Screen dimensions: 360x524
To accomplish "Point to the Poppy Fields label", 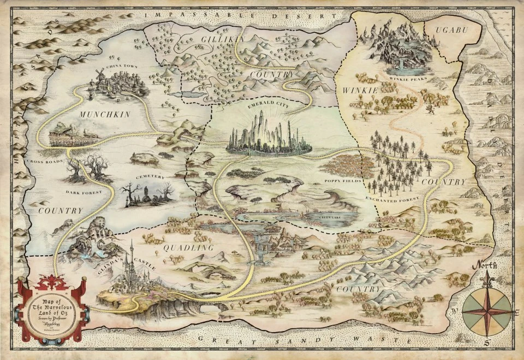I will click(342, 180).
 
